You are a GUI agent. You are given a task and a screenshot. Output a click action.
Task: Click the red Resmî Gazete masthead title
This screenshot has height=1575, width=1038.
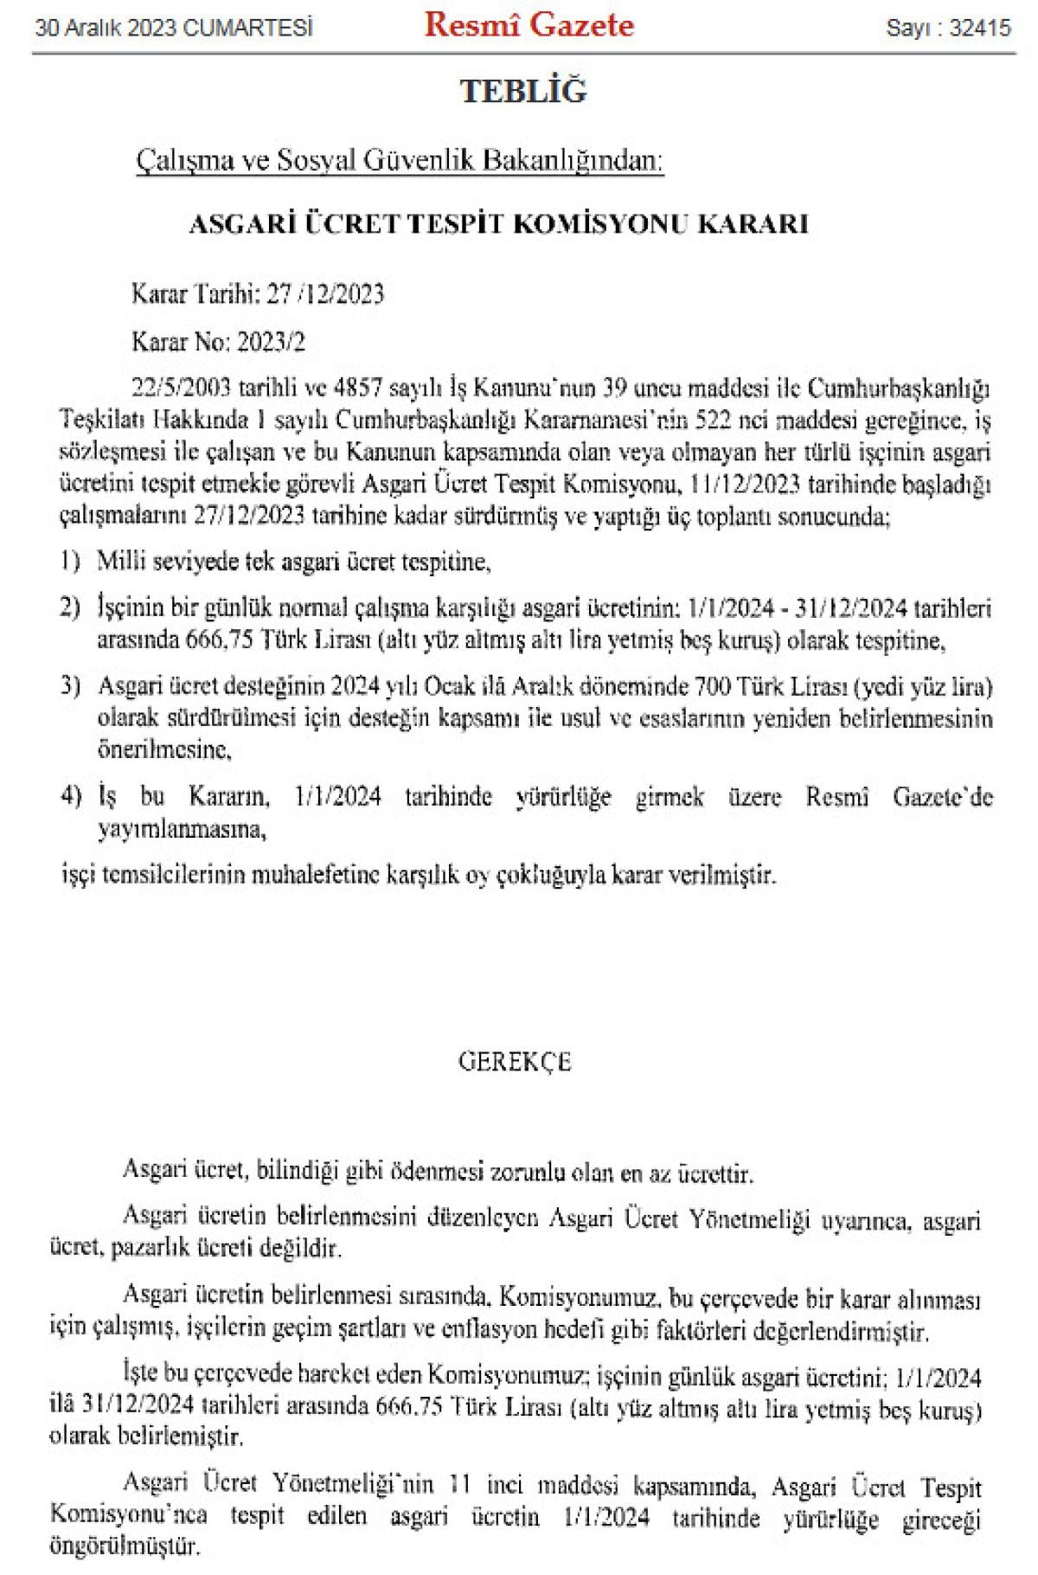coord(529,26)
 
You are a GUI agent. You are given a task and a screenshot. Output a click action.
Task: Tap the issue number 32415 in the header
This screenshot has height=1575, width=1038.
coord(980,29)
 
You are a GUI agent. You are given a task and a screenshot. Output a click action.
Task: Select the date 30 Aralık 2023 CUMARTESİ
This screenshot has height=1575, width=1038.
coord(173,29)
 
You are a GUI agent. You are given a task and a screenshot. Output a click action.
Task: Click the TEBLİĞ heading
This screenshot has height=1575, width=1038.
coord(523,91)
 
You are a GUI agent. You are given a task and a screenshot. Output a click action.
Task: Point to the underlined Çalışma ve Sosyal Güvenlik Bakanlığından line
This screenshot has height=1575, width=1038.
coord(400,161)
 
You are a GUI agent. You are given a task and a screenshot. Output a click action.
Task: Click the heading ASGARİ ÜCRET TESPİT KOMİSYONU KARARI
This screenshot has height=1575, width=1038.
coord(498,225)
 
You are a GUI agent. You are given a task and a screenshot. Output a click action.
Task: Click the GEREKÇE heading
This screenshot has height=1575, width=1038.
coord(515,1063)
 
